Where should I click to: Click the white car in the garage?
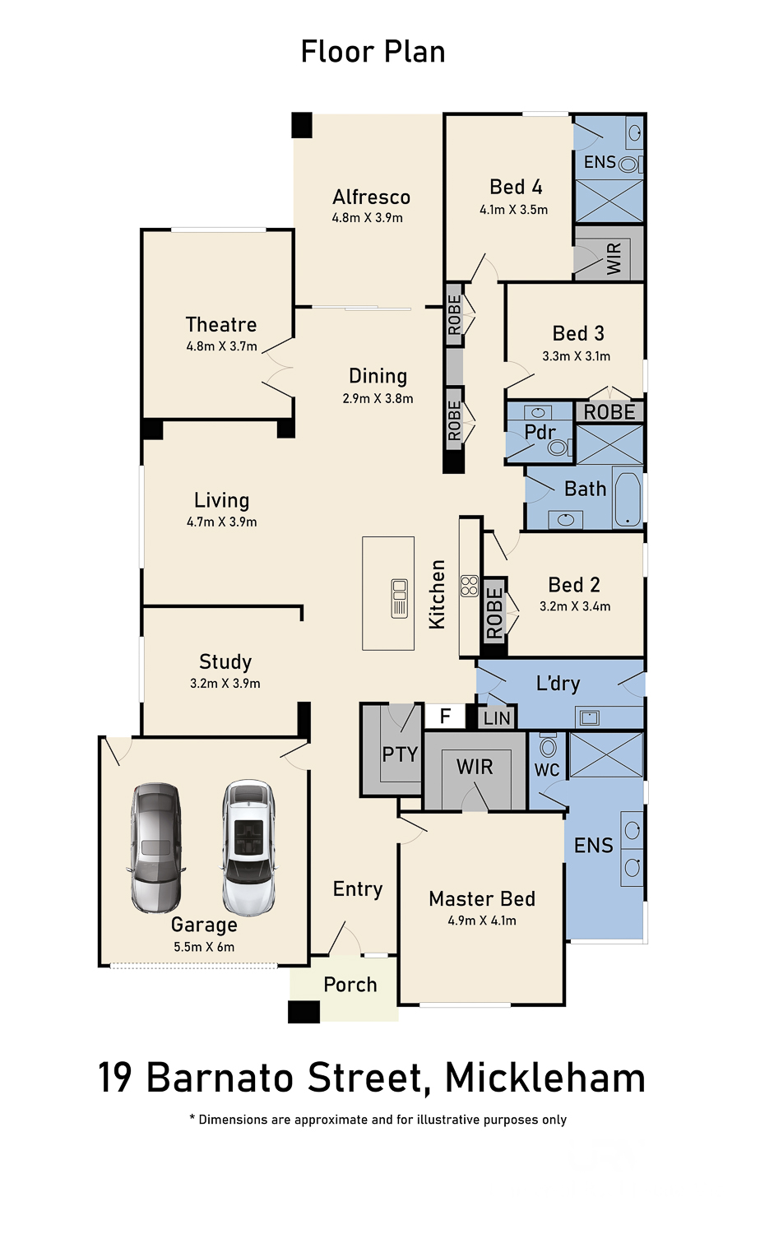click(x=248, y=847)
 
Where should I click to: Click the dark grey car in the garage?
click(x=155, y=847)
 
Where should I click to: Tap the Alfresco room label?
click(x=371, y=197)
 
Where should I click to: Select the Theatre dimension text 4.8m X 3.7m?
click(x=221, y=346)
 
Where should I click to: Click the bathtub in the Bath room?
click(x=628, y=498)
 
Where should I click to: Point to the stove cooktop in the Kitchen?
click(x=470, y=586)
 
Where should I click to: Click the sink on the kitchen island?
click(x=399, y=598)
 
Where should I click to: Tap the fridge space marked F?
click(x=445, y=716)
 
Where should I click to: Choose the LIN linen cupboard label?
click(x=498, y=718)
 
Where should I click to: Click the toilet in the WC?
click(x=548, y=745)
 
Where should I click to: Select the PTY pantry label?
click(x=400, y=754)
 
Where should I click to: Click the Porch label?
click(x=350, y=985)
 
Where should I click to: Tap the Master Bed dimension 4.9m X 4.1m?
click(x=482, y=921)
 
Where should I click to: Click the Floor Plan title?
click(x=373, y=53)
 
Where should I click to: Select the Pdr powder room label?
click(x=540, y=432)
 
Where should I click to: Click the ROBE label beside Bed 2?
click(x=494, y=613)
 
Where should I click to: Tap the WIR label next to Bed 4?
click(x=614, y=257)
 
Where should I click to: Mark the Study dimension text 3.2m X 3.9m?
click(x=225, y=683)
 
